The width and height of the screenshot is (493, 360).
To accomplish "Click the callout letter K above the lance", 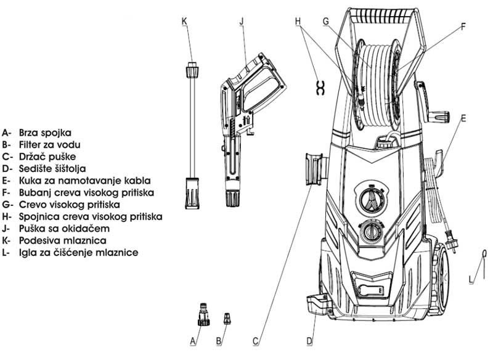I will click(x=184, y=21).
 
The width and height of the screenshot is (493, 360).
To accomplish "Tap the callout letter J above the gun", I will click(x=242, y=21).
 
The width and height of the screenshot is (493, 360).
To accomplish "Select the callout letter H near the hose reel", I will click(x=298, y=21).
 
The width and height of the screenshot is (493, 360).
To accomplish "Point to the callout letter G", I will click(x=325, y=21).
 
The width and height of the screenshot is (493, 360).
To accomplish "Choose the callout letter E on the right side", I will click(x=463, y=117).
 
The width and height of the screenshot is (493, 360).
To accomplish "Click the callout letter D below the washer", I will click(x=310, y=340).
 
